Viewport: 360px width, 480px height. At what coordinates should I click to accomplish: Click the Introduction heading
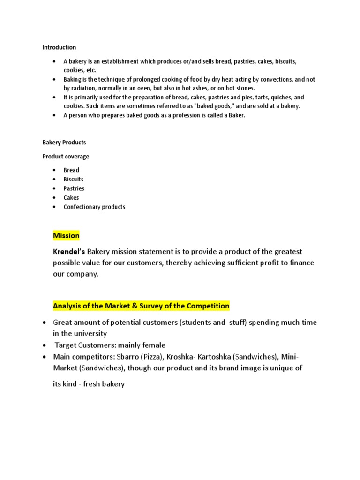tap(59, 47)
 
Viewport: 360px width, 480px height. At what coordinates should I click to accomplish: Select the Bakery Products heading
tap(64, 142)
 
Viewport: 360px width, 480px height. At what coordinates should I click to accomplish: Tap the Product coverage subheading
tap(66, 157)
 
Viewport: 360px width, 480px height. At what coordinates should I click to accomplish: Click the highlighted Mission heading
tap(66, 235)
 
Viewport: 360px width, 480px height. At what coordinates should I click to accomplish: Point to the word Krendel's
tap(69, 252)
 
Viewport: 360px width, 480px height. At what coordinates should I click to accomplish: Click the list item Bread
tap(71, 170)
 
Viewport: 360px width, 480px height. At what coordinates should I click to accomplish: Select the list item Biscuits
tap(74, 179)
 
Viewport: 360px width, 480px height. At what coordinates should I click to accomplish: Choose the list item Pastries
tap(74, 188)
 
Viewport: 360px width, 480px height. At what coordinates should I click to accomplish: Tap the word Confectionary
tap(83, 207)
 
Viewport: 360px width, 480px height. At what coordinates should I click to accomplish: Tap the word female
tap(153, 345)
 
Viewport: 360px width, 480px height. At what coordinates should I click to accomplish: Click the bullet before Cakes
tap(55, 198)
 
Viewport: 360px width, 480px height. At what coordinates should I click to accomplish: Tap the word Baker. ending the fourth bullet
tap(236, 115)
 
